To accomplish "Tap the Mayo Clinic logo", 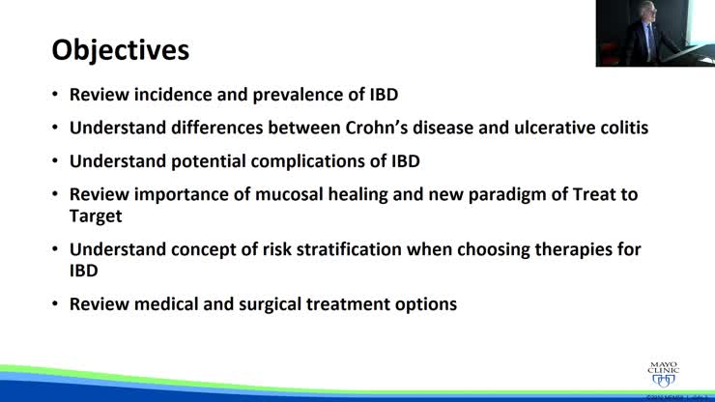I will [x=667, y=370].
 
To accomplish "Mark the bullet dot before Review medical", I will [x=55, y=304].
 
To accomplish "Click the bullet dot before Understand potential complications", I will [x=55, y=160].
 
